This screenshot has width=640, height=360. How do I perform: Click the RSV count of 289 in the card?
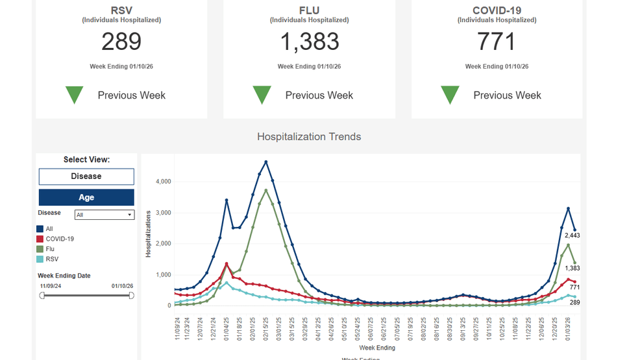[x=121, y=42]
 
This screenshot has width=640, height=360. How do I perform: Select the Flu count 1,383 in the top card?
[x=309, y=42]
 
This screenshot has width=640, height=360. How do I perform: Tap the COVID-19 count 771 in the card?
[x=497, y=42]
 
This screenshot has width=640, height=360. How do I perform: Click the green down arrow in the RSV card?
[x=75, y=95]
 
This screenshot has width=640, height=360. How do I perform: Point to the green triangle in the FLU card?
[x=262, y=95]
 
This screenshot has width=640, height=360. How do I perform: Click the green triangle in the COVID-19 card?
[x=450, y=95]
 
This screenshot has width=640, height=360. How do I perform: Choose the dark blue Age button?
[x=86, y=197]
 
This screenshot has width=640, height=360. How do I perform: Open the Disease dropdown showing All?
[x=104, y=215]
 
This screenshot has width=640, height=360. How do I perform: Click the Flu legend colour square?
[x=40, y=249]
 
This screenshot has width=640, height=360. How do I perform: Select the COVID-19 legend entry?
[x=59, y=239]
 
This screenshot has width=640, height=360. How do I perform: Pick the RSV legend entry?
[x=52, y=259]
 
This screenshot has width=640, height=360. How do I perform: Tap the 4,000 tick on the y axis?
[x=163, y=182]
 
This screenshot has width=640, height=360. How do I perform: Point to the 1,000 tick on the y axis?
[x=163, y=275]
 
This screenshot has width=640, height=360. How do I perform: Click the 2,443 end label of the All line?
[x=571, y=235]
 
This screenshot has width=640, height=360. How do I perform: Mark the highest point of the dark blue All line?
[x=265, y=162]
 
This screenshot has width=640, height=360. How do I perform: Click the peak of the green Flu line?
[x=265, y=190]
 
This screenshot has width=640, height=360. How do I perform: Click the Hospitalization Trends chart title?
[x=309, y=137]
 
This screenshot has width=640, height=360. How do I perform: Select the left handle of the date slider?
[x=42, y=296]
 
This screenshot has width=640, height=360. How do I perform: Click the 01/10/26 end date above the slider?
[x=121, y=286]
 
